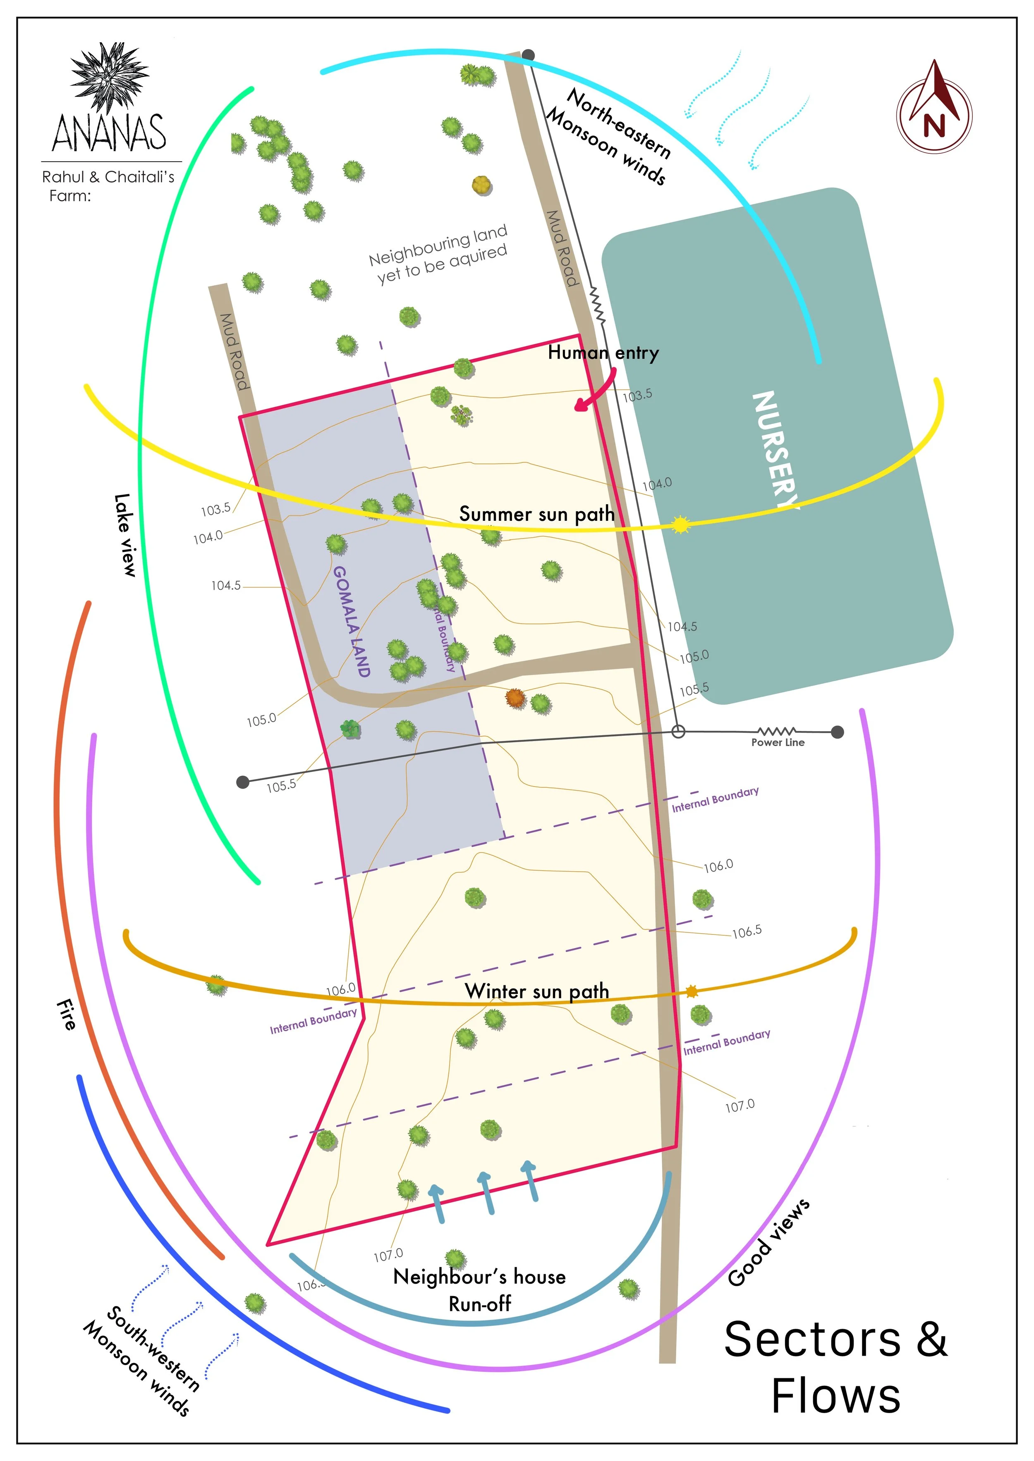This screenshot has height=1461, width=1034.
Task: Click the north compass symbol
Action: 933,108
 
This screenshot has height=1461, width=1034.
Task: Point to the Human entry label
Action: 603,353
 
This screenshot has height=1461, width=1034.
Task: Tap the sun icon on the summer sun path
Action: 681,524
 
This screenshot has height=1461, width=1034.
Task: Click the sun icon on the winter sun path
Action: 692,991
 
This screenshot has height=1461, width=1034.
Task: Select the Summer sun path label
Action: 537,514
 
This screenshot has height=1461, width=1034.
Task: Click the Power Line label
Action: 778,743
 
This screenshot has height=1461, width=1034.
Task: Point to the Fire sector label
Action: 66,1014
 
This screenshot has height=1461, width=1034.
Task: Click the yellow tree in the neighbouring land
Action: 482,185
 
